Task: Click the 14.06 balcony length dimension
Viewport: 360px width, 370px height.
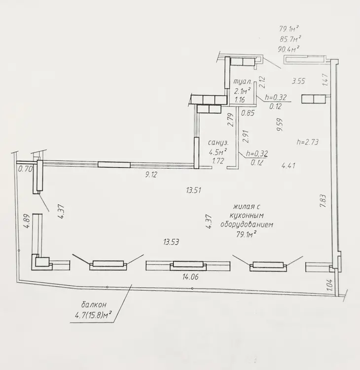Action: pos(190,277)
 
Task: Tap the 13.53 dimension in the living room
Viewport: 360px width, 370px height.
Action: pos(171,242)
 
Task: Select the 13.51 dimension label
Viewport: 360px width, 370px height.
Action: pos(193,190)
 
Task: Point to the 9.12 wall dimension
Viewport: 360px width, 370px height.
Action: pos(151,175)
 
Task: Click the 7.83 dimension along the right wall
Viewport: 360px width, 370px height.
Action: pos(323,201)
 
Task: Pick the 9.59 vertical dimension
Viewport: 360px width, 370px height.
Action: pos(280,125)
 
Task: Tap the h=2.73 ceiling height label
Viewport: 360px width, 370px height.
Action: pos(308,142)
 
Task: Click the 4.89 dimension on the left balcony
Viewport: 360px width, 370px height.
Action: pos(27,221)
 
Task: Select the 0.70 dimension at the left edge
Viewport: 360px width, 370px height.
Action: pos(25,169)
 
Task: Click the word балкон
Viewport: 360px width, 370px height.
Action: pos(94,305)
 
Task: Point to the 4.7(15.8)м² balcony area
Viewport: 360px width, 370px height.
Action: pos(93,315)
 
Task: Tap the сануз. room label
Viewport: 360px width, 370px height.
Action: pos(218,143)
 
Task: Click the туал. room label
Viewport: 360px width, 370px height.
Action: pos(242,81)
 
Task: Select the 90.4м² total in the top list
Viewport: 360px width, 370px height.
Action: pos(289,49)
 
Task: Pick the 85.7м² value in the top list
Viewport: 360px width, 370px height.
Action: pos(290,39)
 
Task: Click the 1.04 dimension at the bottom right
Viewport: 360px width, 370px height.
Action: pos(330,284)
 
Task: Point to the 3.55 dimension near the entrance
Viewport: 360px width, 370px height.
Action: pos(298,81)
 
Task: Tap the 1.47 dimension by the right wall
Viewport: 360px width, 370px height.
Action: pos(325,80)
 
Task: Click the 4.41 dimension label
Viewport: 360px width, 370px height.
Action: pos(288,165)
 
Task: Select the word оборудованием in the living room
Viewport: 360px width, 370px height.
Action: pos(247,224)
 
